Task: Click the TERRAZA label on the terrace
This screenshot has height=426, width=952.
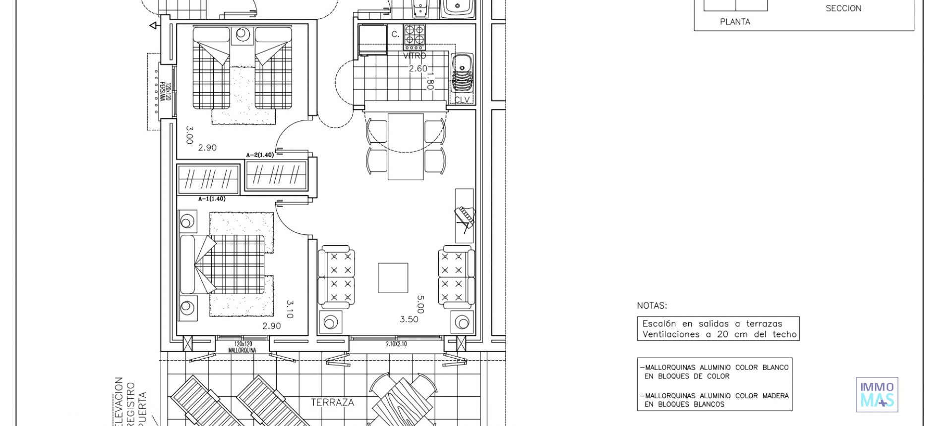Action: (332, 402)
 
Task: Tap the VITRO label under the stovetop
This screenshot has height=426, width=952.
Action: (414, 56)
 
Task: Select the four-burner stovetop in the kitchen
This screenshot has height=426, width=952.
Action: (414, 35)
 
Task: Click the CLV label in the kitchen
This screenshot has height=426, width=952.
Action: (462, 100)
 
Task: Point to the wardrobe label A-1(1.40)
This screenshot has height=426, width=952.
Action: (212, 199)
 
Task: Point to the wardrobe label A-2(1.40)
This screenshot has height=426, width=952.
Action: (260, 155)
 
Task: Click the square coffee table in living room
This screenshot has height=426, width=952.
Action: (393, 278)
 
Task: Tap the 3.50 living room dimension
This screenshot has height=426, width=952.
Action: (409, 319)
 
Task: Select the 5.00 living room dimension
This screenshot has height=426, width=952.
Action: (420, 304)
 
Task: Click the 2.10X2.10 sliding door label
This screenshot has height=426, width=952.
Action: (396, 344)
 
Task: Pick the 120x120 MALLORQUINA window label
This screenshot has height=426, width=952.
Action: (242, 347)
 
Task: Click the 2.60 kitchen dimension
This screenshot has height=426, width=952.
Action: (417, 68)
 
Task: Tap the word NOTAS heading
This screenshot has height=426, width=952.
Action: (652, 306)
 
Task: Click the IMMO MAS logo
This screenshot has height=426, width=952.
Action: (877, 394)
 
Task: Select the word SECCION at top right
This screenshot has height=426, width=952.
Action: (843, 8)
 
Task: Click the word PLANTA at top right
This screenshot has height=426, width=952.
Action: (735, 22)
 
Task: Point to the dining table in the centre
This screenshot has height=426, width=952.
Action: (405, 147)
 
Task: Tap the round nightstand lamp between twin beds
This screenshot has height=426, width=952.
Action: (242, 34)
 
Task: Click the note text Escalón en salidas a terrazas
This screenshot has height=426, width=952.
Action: (712, 323)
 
